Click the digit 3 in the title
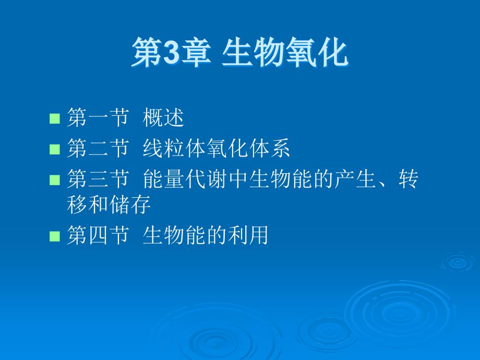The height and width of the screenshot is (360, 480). [x=172, y=52]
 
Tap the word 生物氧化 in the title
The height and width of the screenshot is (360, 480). [x=285, y=52]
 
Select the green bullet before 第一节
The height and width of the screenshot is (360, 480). [x=55, y=118]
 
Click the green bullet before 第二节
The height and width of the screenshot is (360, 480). [x=55, y=149]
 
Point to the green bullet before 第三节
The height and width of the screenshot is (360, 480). [x=55, y=180]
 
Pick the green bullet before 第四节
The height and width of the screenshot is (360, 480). [x=55, y=236]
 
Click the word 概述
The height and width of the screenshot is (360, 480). [x=163, y=117]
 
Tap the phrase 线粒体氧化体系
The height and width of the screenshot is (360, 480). [x=217, y=148]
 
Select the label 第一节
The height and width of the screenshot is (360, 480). [x=98, y=117]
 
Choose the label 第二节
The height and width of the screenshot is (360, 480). [x=98, y=148]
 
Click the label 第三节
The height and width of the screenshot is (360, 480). [x=98, y=179]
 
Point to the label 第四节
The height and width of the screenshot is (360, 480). [x=98, y=235]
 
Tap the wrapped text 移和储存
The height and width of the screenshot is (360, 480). [x=109, y=205]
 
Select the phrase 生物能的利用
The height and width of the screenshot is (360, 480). [x=206, y=235]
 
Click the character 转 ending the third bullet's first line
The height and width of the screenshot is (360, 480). [x=409, y=179]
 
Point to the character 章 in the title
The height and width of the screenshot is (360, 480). [x=196, y=52]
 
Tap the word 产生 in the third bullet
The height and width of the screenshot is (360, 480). [x=356, y=179]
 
